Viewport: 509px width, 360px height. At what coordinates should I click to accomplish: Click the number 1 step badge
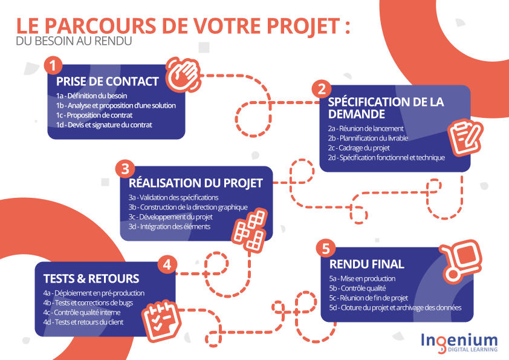[53, 65]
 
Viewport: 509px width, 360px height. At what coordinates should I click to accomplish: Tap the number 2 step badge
[322, 89]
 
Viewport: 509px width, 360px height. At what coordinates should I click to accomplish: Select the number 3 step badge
[125, 169]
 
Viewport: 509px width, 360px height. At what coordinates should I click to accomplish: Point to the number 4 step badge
[167, 264]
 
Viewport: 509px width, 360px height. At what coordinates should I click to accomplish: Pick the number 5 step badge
[326, 249]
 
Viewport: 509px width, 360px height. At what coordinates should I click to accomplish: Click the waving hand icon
[183, 74]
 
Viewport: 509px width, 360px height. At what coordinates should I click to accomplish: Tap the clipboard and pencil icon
[465, 137]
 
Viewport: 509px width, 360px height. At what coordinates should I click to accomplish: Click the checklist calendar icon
[161, 321]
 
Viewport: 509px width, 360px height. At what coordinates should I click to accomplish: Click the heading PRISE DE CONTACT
[108, 81]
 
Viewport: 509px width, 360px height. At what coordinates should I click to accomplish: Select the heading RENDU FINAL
[367, 264]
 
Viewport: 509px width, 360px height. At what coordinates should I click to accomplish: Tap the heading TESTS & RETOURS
[91, 278]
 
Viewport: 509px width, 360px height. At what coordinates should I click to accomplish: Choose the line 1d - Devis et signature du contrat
[104, 125]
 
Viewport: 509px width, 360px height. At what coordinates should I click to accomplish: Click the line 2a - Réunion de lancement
[366, 128]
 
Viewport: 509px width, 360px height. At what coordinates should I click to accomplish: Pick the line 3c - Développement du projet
[170, 217]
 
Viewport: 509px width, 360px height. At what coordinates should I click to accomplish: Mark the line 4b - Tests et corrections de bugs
[88, 303]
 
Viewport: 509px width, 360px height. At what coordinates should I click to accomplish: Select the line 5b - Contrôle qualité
[357, 288]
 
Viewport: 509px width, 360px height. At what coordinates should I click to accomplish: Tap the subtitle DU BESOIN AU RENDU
[74, 41]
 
